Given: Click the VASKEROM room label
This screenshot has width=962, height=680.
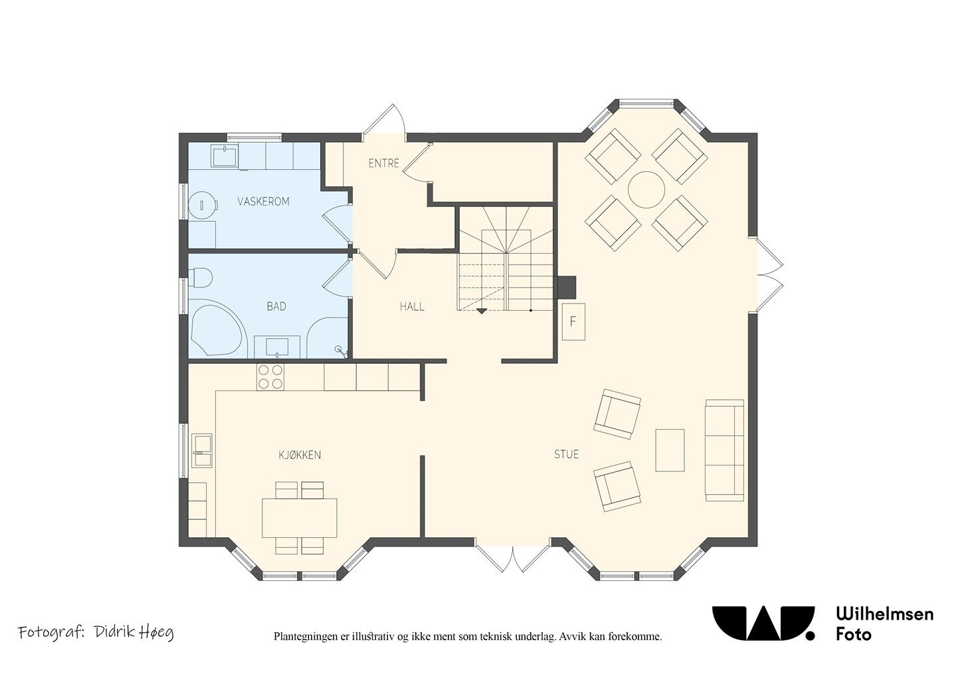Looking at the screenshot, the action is coord(263,201).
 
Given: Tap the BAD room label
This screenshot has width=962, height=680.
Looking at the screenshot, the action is coord(276,307).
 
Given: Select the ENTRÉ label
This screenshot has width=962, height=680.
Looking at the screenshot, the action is coord(384,163).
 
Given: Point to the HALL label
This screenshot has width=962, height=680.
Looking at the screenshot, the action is coord(412,307).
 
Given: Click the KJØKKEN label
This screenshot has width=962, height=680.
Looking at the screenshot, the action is coord(300,455).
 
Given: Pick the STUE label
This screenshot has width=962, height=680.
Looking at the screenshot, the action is coord(566,454).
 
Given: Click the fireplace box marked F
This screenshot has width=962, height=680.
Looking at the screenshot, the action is coord(573,321).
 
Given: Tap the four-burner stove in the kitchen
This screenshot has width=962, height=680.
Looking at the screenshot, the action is coord(270,377).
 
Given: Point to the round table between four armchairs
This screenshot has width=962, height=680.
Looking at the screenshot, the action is coord(646,190).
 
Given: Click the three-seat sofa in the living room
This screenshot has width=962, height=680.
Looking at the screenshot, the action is coord(725,450).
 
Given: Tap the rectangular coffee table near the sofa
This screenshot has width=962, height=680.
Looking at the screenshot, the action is coord(670,450).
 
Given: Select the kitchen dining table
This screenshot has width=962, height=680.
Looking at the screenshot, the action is coord(300,518).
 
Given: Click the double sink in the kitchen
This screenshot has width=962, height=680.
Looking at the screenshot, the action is coord(202,450).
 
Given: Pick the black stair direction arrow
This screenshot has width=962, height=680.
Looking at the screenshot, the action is coord(482,311).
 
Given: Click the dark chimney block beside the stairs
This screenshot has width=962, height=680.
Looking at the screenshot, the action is coord(567,287).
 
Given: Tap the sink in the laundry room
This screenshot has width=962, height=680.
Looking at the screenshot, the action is coord(225,155).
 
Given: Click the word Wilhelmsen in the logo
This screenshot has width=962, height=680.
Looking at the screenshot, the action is coord(885,614).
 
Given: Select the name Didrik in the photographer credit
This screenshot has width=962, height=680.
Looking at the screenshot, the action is coord(113,632).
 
